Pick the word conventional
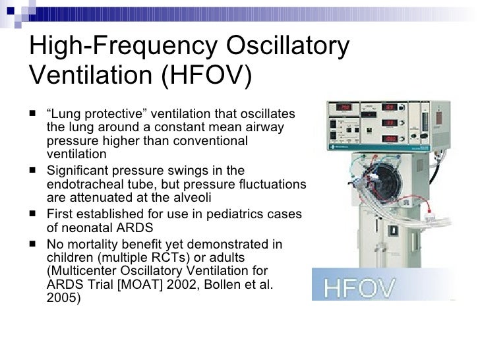[x=216, y=141]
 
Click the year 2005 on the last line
[x=61, y=297]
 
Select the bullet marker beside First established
[x=33, y=214]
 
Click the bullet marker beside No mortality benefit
[x=33, y=245]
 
